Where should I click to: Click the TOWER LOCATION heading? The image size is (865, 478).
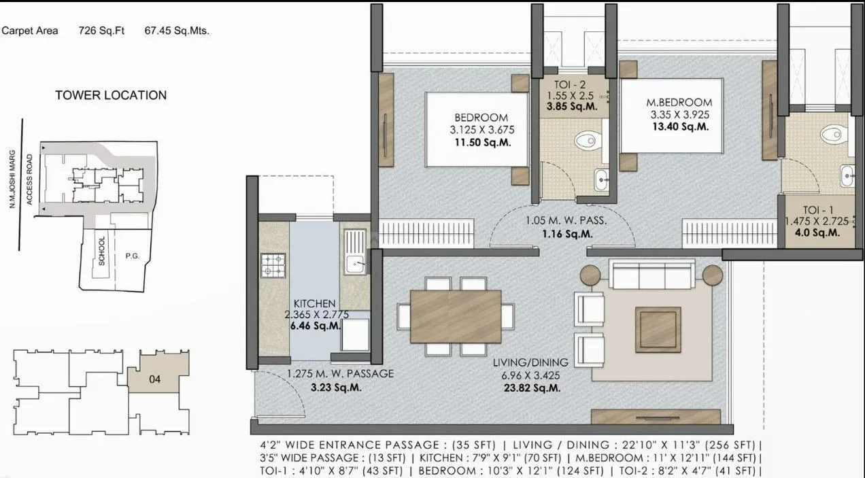(x=111, y=95)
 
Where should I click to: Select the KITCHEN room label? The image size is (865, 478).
(x=314, y=303)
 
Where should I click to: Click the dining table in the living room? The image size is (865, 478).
(x=456, y=317)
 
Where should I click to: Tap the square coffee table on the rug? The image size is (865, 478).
(x=658, y=330)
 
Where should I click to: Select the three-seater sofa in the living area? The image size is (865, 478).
(x=651, y=275)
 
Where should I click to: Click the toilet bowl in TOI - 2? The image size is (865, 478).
(x=587, y=141)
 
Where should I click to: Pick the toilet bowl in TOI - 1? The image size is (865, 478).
(x=832, y=133)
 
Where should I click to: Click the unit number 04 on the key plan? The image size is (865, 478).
(x=154, y=379)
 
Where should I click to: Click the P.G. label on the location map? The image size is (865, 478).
(x=132, y=257)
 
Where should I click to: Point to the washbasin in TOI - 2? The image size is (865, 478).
(x=601, y=181)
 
